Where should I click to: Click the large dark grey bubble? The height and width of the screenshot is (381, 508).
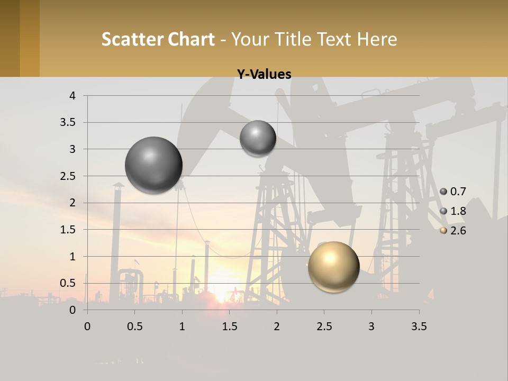(153, 165)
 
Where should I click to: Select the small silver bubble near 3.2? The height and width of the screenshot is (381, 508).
(258, 138)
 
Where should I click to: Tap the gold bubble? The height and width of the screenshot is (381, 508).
(333, 267)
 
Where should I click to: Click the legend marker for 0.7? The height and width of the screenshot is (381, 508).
(443, 192)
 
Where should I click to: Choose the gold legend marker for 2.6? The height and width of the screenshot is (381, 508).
(443, 231)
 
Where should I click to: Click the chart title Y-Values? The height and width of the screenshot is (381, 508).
(264, 74)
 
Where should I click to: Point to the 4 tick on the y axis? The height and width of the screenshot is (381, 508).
(72, 96)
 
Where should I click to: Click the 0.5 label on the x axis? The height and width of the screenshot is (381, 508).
(134, 326)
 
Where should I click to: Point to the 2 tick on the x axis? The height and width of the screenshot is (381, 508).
(276, 326)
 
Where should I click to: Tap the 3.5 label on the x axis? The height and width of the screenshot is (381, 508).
(419, 326)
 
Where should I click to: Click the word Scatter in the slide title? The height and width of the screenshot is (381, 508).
(131, 39)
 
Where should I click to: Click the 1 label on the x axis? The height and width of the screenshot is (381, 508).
(182, 326)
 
